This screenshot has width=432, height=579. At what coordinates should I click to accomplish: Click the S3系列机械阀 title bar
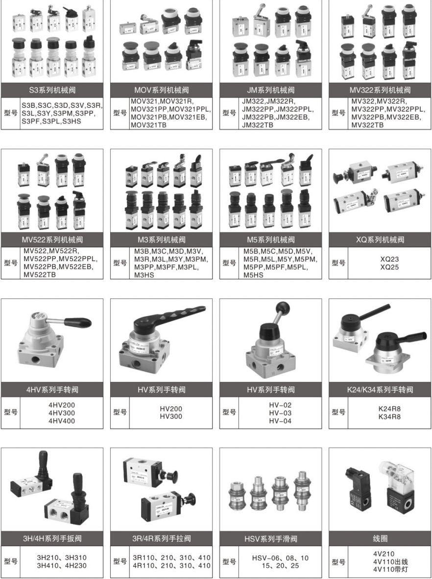coord(52,90)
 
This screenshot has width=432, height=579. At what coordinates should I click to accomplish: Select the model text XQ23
coord(389,259)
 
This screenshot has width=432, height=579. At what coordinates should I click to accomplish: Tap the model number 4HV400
coord(61,421)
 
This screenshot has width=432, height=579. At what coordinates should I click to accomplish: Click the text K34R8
coord(389,417)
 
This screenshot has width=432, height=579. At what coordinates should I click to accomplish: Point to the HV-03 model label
coord(280,413)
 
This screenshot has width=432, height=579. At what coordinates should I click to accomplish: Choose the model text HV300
coord(171,416)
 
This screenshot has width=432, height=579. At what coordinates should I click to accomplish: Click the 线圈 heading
coord(380,539)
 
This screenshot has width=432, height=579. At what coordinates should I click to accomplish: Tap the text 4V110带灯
coord(390,570)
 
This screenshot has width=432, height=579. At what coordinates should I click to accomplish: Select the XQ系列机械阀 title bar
coord(380,240)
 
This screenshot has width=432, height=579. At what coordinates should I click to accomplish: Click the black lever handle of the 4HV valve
coord(77,323)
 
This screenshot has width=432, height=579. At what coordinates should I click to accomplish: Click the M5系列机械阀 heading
coord(271,240)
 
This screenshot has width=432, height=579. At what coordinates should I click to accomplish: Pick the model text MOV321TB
coord(148,125)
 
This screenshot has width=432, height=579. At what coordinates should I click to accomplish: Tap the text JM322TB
coord(258,125)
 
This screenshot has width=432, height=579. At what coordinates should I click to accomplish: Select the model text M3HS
coord(144,275)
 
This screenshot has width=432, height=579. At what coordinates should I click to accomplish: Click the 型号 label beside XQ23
coord(338,263)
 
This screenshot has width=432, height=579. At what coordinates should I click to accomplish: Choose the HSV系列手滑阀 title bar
coord(271,539)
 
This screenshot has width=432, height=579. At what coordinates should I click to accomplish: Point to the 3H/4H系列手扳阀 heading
coord(52,539)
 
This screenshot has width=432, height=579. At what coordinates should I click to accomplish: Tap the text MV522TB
coord(40,275)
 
